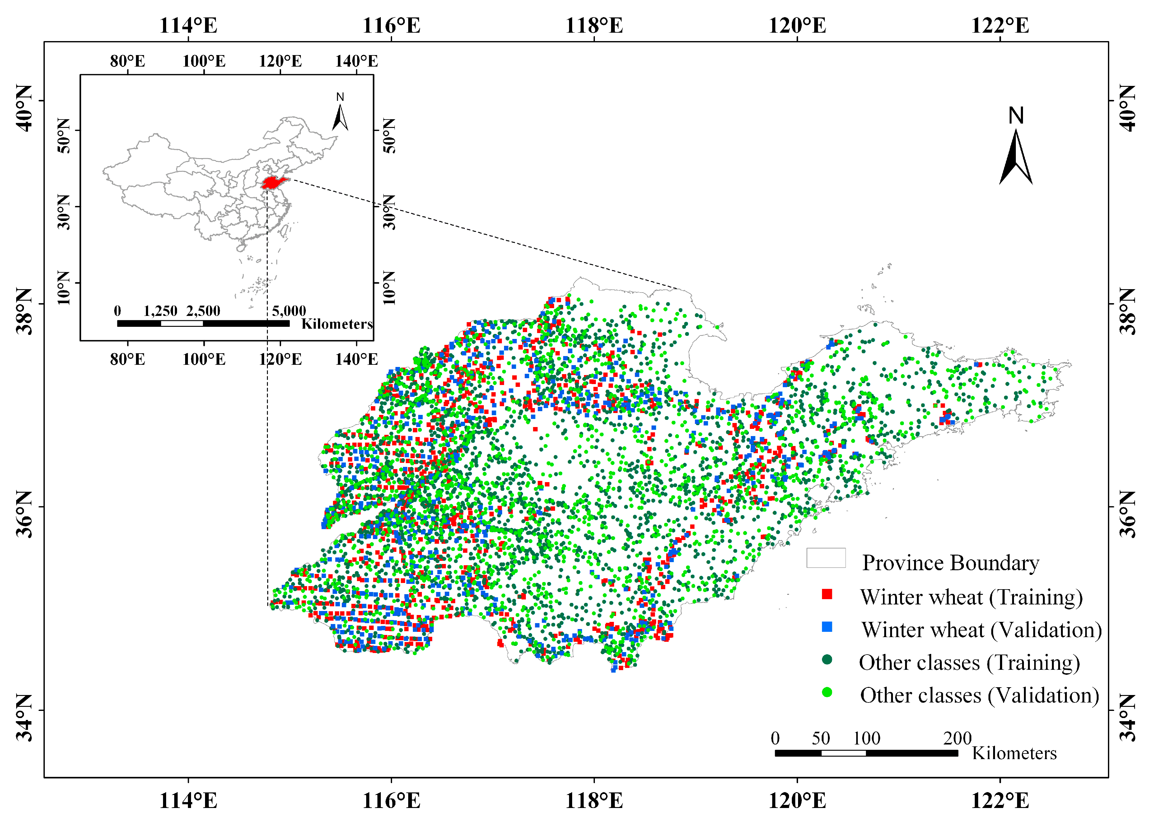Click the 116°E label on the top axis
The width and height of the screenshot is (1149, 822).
391,25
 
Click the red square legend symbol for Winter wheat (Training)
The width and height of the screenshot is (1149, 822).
827,594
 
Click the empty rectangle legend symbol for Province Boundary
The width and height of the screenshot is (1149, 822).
826,558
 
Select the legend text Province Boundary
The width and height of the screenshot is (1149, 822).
950,563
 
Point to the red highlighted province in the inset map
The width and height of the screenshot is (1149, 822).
273,182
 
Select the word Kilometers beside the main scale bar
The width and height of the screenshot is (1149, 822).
1014,753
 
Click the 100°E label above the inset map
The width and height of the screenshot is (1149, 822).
204,61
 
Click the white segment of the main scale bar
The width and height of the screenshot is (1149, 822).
843,753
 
